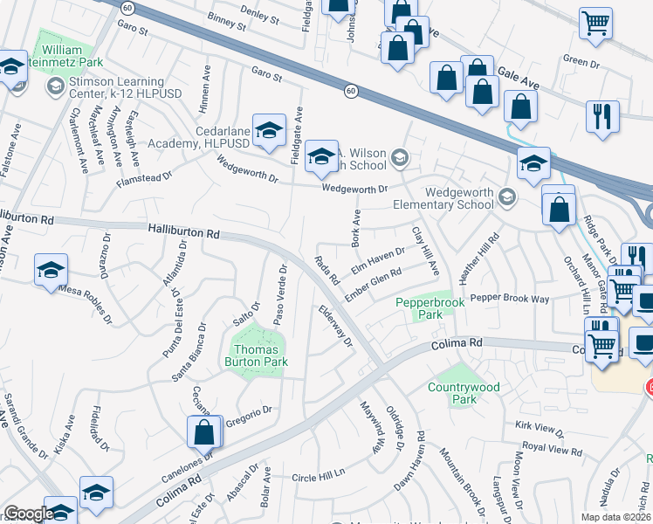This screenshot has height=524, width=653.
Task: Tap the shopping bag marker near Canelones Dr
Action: [204, 431]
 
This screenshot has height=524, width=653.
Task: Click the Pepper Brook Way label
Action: [510, 299]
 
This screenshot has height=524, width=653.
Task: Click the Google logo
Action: [28, 514]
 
